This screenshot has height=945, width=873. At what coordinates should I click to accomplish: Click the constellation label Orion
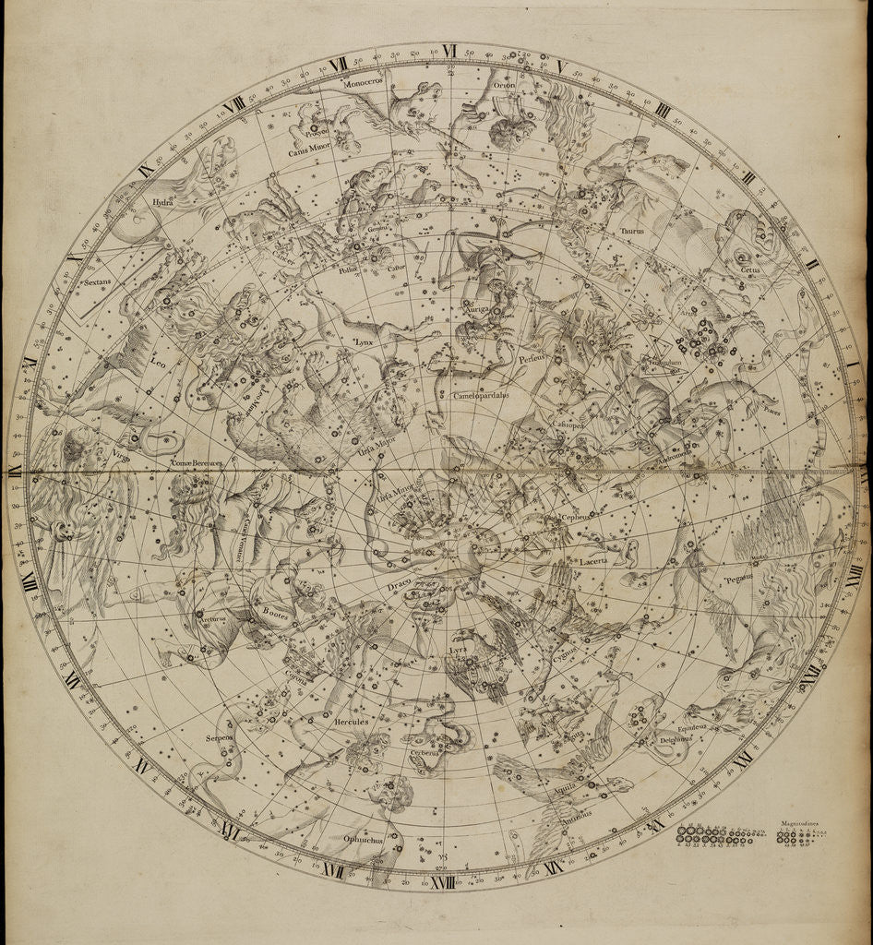point(504,85)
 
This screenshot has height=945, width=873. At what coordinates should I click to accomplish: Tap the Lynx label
point(367,341)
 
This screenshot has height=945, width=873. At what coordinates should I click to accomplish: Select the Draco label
point(391,585)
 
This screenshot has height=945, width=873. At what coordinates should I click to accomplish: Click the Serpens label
point(225,738)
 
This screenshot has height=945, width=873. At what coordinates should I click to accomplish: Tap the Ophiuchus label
point(363,839)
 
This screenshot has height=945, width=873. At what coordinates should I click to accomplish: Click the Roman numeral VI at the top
point(450,50)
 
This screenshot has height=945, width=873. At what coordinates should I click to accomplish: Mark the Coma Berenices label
point(197,462)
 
